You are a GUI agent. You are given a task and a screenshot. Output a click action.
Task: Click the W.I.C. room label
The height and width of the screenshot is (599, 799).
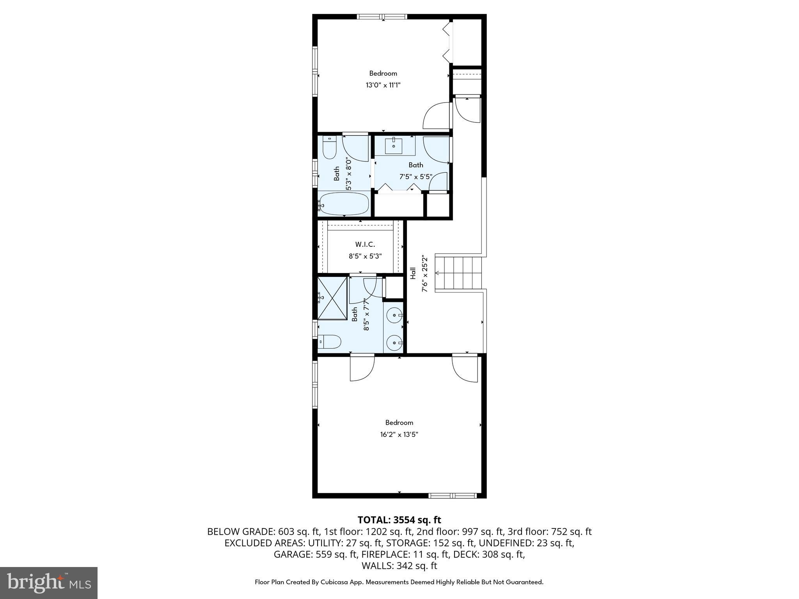[x=365, y=245]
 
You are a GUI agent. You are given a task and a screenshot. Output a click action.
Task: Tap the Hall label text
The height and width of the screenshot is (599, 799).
[x=413, y=273]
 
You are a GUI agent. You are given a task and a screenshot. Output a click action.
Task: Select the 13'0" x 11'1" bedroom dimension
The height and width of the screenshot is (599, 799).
[x=383, y=85]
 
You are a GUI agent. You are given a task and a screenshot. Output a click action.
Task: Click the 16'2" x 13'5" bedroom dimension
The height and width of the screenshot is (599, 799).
[x=399, y=434]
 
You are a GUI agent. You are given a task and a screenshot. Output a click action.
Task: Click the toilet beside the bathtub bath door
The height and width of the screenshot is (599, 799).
[x=330, y=147]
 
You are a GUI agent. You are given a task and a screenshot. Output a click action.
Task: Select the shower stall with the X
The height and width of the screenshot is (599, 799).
[x=332, y=298]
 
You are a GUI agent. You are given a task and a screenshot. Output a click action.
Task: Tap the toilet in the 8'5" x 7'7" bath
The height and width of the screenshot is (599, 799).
[x=330, y=342]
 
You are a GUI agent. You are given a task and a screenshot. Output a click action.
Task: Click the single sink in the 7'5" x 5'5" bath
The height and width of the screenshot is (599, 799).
[x=394, y=146]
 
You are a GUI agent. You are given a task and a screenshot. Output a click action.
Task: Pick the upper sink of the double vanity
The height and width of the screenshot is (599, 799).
[x=395, y=315]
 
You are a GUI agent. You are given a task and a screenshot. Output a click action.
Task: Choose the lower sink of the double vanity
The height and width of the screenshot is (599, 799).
[x=394, y=343]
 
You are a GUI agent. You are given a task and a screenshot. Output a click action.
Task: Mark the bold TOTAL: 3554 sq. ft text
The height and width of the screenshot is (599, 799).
[x=399, y=520]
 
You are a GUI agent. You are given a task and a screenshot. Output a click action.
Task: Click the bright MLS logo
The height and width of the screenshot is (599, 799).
[x=49, y=583]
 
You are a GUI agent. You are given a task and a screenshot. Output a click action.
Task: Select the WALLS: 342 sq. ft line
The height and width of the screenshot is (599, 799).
[x=399, y=566]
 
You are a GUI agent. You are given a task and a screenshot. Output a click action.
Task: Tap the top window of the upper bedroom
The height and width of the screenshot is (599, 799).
[x=382, y=17]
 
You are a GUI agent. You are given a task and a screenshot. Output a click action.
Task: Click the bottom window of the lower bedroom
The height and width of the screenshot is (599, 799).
[x=453, y=496]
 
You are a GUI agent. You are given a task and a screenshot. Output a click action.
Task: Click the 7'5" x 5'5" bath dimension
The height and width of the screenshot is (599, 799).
[x=415, y=177]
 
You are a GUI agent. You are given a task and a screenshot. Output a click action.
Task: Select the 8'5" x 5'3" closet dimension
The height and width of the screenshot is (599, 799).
[x=365, y=257]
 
